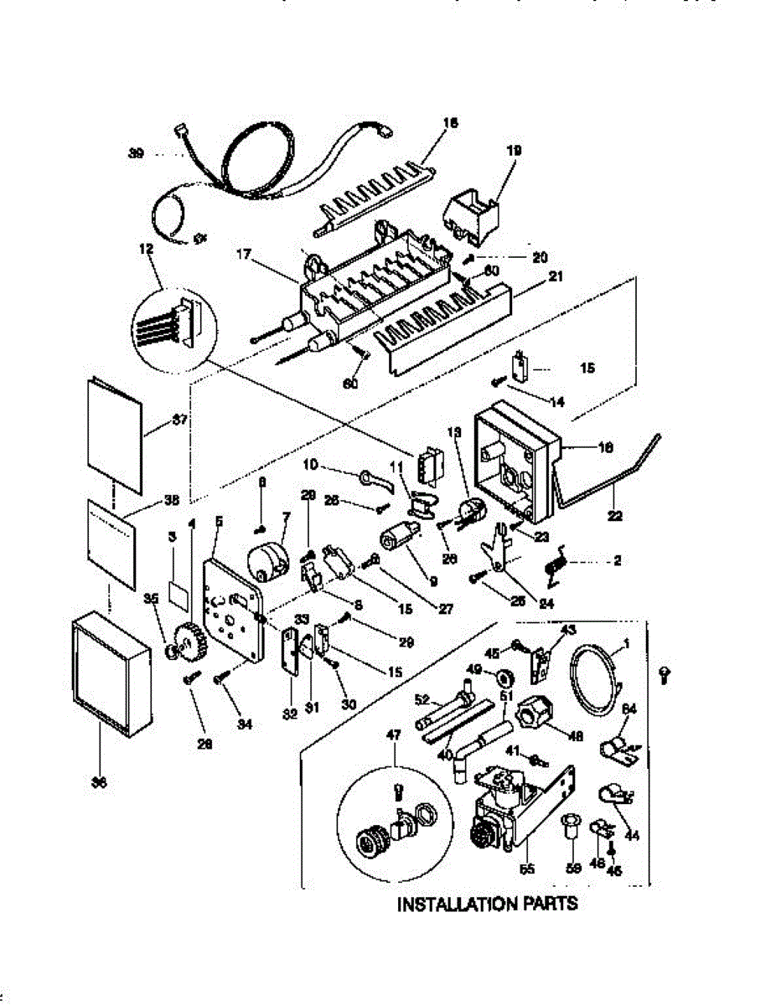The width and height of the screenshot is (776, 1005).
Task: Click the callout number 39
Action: click(135, 153)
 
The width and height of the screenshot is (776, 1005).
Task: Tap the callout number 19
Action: click(514, 151)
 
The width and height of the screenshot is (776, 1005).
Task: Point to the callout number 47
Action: click(394, 734)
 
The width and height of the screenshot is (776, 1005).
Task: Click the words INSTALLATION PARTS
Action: click(487, 904)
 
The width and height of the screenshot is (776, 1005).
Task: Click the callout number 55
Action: click(526, 869)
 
